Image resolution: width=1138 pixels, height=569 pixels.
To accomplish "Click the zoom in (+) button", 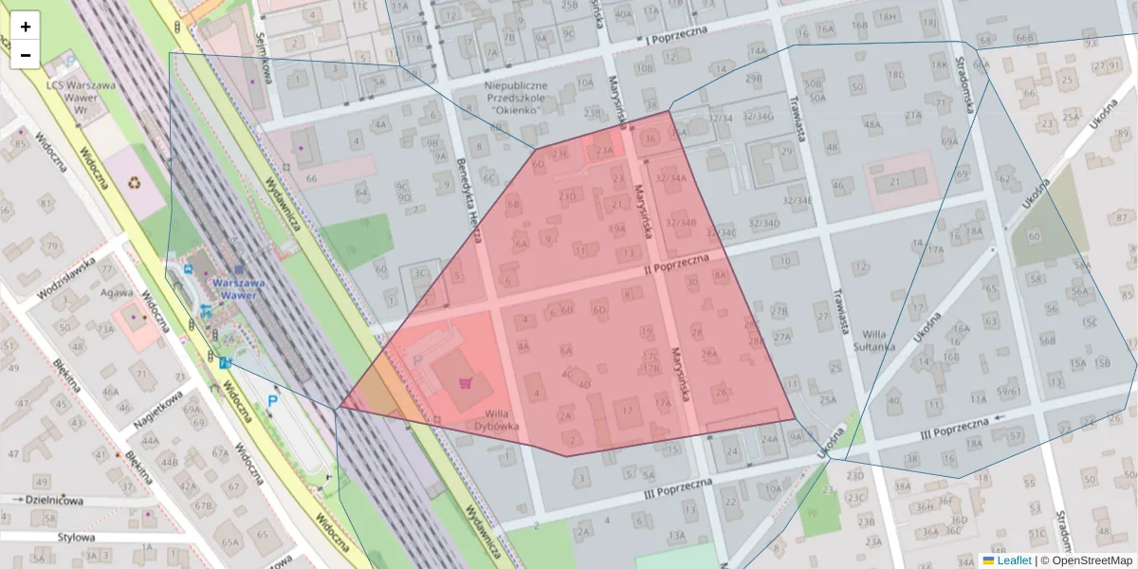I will coord(26,27).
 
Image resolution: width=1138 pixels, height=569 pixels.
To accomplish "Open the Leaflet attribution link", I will coord(1013,560).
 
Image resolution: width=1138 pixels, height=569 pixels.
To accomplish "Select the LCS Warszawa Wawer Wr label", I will coord(81,97).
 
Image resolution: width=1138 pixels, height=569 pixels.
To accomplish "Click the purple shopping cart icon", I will coord(465,383).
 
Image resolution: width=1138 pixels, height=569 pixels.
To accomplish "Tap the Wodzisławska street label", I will coord(66,278).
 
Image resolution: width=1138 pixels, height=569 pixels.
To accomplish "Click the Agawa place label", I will coord(117,293).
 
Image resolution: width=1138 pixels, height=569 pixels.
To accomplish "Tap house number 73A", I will coord(104,328).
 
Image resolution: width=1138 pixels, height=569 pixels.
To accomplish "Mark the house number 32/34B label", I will coord(681,223).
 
